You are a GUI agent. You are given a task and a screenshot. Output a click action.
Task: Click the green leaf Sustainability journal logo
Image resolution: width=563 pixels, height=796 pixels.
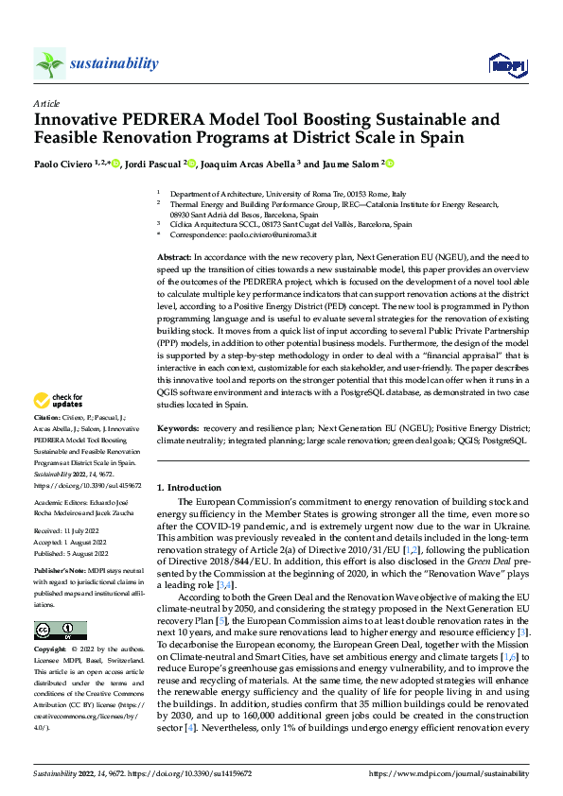[x=49, y=63]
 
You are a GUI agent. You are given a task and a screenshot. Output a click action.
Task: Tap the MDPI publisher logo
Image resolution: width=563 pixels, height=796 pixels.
[x=506, y=64]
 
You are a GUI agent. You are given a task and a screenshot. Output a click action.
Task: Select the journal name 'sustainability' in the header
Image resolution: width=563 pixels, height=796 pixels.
[x=114, y=63]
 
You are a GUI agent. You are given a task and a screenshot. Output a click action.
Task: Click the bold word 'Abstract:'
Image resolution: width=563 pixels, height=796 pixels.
[x=174, y=256]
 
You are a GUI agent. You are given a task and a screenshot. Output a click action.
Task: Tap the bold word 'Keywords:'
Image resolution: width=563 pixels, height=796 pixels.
[x=178, y=427]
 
